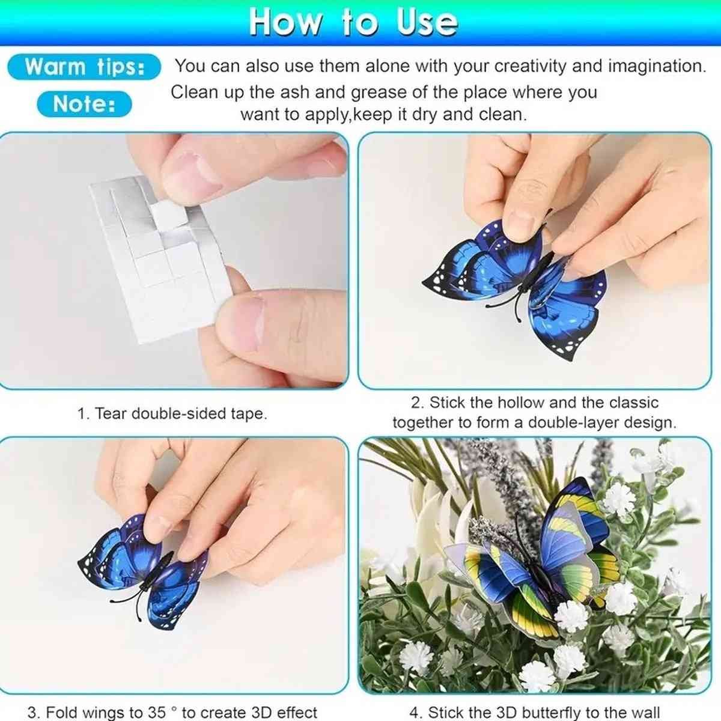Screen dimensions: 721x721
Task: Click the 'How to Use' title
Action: pos(353,23)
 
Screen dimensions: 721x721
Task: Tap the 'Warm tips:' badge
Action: pos(84,67)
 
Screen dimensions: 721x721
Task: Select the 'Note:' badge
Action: pos(84,103)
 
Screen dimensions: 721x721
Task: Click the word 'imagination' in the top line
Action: pos(657,66)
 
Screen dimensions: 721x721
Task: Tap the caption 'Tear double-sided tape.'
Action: pos(181,413)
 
